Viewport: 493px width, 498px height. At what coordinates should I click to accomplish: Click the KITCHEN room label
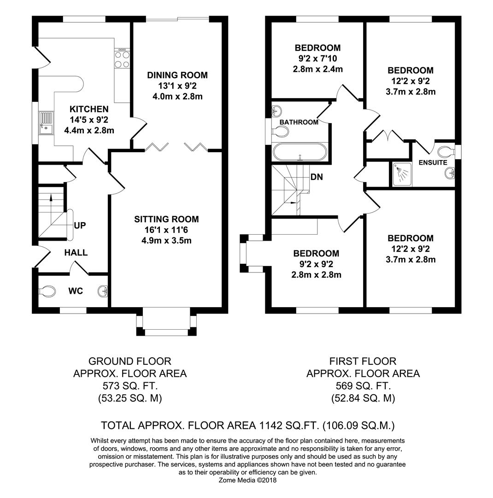(x=89, y=109)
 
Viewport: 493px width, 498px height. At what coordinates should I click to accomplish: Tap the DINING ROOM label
(x=177, y=75)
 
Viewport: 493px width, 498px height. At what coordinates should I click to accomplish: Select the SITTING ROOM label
(x=166, y=219)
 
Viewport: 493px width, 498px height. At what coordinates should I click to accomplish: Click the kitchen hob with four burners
(x=122, y=58)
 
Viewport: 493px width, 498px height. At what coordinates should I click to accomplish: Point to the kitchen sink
(x=46, y=123)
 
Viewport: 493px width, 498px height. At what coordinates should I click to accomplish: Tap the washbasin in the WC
(x=103, y=290)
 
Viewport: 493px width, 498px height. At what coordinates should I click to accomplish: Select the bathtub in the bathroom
(x=299, y=152)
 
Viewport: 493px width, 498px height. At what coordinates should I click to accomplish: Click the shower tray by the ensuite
(x=402, y=174)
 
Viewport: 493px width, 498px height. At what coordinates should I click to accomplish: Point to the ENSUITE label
(x=433, y=163)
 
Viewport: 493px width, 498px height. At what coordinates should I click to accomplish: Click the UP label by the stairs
(x=80, y=225)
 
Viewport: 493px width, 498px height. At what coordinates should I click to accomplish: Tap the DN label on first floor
(x=317, y=177)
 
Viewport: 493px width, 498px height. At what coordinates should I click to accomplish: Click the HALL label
(x=76, y=253)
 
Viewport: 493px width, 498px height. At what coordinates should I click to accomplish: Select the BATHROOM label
(x=299, y=122)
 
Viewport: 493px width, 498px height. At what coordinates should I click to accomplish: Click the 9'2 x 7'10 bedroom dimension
(x=317, y=59)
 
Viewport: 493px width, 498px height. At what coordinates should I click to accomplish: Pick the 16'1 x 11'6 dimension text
(x=166, y=230)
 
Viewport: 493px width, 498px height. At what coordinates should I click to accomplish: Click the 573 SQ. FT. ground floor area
(x=130, y=386)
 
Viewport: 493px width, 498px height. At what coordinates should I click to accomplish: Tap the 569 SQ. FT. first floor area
(x=363, y=386)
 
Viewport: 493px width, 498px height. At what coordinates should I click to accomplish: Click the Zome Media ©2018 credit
(x=247, y=480)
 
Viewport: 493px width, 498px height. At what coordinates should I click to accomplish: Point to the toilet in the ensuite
(x=447, y=150)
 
